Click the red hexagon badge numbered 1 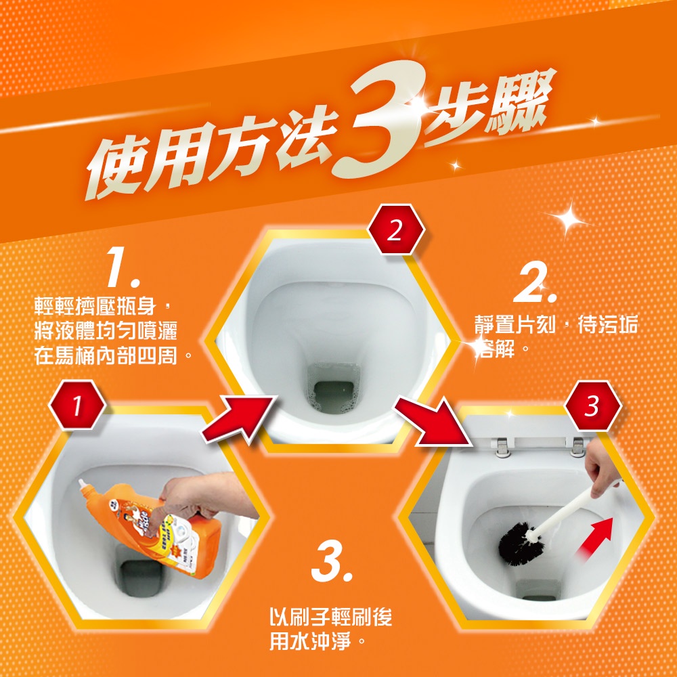(x=77, y=405)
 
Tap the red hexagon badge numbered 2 (x=396, y=230)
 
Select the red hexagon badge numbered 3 (x=592, y=406)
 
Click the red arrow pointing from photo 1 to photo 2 (x=238, y=418)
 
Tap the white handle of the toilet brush (x=570, y=510)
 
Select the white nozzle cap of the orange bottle (x=85, y=488)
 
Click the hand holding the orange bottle (x=203, y=496)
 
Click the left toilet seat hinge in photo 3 (x=502, y=447)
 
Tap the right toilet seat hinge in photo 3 (x=577, y=446)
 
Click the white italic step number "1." (x=123, y=267)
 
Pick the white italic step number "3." (x=331, y=561)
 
